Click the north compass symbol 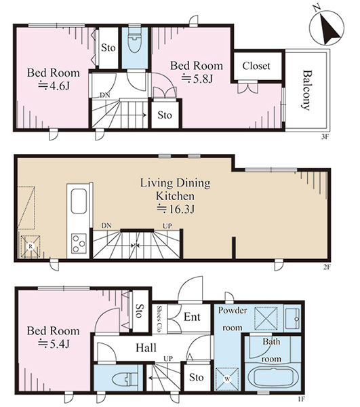[327, 28]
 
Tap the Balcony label [306, 90]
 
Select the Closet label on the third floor [256, 66]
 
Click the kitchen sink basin [79, 201]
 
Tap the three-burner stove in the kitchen [79, 244]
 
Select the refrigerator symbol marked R [31, 246]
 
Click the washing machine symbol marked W [227, 379]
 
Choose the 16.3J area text [176, 209]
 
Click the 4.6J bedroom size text [54, 86]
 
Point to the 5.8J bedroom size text [197, 79]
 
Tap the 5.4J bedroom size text [54, 344]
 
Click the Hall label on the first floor [146, 348]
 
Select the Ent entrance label [192, 317]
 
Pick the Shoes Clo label [159, 319]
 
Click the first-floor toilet [125, 379]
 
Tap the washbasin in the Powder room [292, 319]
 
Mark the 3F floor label [325, 137]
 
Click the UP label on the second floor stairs [167, 226]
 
